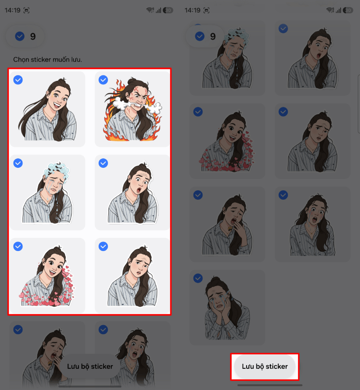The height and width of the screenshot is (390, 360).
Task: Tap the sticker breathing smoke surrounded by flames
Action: pos(132,109)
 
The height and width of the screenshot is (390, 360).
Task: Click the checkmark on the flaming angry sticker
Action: pos(103,80)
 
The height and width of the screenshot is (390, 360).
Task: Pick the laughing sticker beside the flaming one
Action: pos(47,109)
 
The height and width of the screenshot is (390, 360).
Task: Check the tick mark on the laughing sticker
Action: pos(18,80)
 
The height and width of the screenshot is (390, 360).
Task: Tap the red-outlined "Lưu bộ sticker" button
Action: pos(265,367)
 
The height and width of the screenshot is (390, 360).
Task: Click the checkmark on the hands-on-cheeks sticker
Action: pos(198,278)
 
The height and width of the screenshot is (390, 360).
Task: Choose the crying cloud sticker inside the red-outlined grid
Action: pos(47,192)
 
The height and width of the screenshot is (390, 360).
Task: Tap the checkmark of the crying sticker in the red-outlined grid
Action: pos(18,163)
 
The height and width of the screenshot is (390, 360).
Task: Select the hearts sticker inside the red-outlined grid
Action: pos(47,275)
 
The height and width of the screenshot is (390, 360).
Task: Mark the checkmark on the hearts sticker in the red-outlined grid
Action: pos(18,246)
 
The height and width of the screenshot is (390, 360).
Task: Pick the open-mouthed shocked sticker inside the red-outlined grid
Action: pos(132,192)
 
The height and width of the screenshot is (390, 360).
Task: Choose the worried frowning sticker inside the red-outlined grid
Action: pos(132,275)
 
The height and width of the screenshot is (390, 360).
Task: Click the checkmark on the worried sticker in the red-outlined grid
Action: pos(103,246)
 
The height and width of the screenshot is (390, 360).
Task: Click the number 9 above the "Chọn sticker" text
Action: pos(33,36)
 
